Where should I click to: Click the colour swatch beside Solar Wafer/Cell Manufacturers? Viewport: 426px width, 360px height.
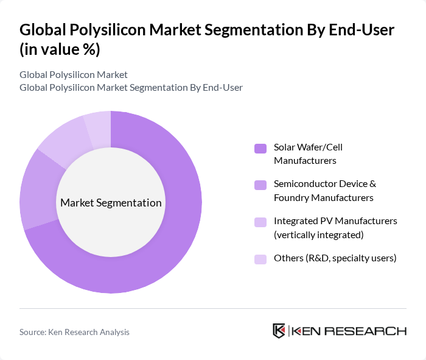260,148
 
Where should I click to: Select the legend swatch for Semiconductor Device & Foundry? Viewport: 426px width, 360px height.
260,185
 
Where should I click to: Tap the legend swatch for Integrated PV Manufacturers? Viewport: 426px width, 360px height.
260,222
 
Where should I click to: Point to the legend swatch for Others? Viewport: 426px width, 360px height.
260,258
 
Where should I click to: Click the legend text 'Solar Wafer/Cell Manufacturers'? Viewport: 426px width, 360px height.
312,154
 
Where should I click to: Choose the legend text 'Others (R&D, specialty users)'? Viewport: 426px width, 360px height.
335,258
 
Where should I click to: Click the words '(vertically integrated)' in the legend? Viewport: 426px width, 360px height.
318,235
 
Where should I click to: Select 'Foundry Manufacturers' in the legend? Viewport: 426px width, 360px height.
323,197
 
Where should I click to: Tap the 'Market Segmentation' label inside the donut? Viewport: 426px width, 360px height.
111,203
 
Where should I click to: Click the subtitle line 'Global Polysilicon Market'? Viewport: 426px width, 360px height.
73,74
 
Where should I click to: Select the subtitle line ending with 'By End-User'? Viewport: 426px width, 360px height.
131,87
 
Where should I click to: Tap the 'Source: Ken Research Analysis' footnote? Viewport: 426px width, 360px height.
74,332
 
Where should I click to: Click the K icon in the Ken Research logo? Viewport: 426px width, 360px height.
279,331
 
